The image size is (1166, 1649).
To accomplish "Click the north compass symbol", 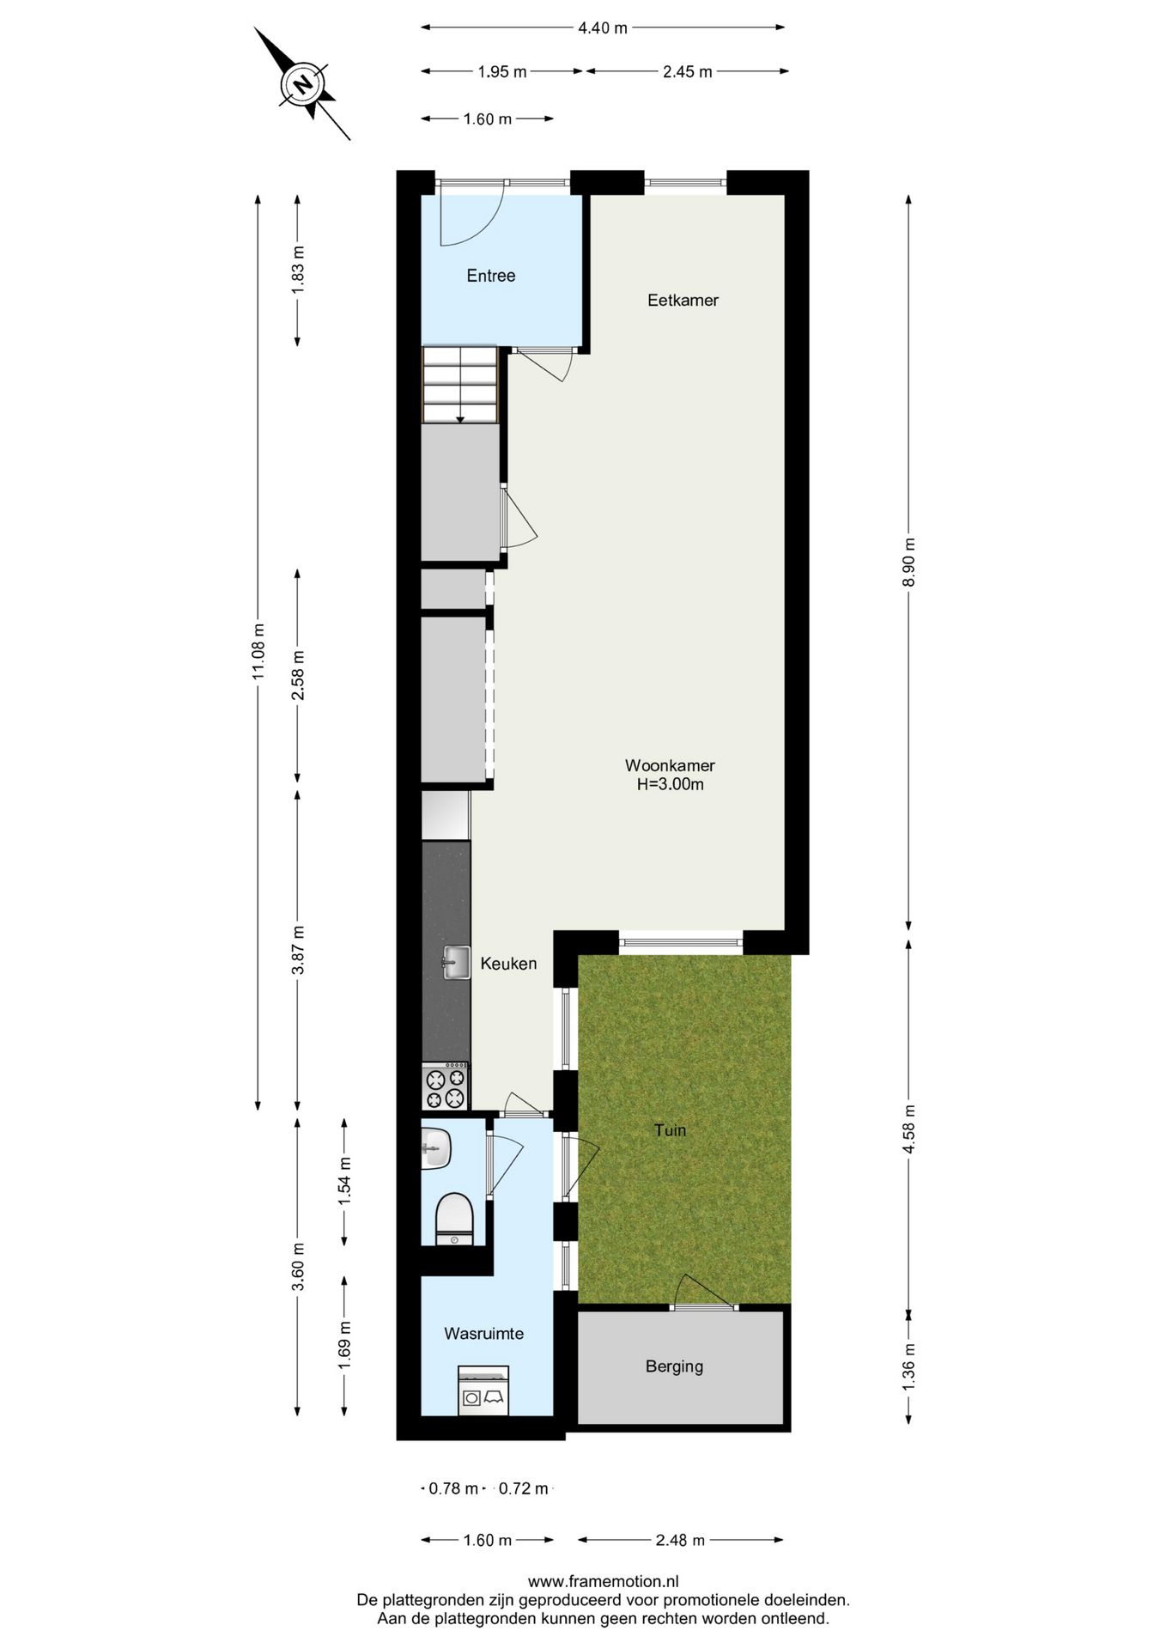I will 301,84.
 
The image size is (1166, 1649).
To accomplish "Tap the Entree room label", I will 490,276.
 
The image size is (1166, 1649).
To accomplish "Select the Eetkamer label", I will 683,301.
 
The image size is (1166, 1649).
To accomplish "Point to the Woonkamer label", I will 670,765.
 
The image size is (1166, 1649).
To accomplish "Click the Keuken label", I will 508,964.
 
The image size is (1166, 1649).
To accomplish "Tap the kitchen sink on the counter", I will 456,963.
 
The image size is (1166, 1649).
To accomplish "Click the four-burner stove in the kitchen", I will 446,1087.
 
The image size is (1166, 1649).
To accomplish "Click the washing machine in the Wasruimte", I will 483,1390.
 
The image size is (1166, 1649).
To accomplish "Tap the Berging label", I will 674,1366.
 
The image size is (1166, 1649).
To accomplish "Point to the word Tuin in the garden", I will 670,1130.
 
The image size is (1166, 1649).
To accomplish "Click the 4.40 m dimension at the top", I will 603,28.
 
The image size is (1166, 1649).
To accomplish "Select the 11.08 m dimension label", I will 258,650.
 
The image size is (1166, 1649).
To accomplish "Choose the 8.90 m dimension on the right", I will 909,563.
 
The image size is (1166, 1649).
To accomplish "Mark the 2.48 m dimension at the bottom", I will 680,1540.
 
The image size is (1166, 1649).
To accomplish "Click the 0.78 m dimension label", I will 452,1488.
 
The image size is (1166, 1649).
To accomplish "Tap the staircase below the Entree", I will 460,384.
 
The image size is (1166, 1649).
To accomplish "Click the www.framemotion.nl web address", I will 603,1581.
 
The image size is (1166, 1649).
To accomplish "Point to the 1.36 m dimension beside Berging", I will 909,1366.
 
